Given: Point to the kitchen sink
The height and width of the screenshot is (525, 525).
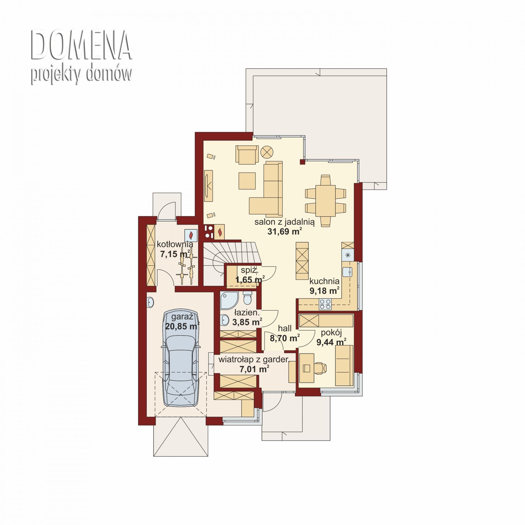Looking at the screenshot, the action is (347, 272).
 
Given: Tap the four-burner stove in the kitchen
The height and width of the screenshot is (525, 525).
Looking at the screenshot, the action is (325, 304).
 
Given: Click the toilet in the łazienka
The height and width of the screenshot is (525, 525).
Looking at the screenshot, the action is (247, 298).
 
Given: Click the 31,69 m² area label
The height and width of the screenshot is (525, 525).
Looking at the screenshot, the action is (284, 232).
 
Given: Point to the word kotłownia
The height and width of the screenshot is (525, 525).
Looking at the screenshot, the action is (175, 244).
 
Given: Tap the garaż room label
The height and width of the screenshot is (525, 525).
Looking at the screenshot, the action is (182, 317).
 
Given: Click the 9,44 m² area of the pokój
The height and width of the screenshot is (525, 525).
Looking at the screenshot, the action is (331, 342).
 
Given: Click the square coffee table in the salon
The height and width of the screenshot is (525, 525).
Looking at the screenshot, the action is (247, 181).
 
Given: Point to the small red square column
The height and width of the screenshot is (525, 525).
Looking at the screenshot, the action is (302, 162).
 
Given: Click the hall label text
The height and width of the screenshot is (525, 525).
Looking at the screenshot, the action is (285, 328).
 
